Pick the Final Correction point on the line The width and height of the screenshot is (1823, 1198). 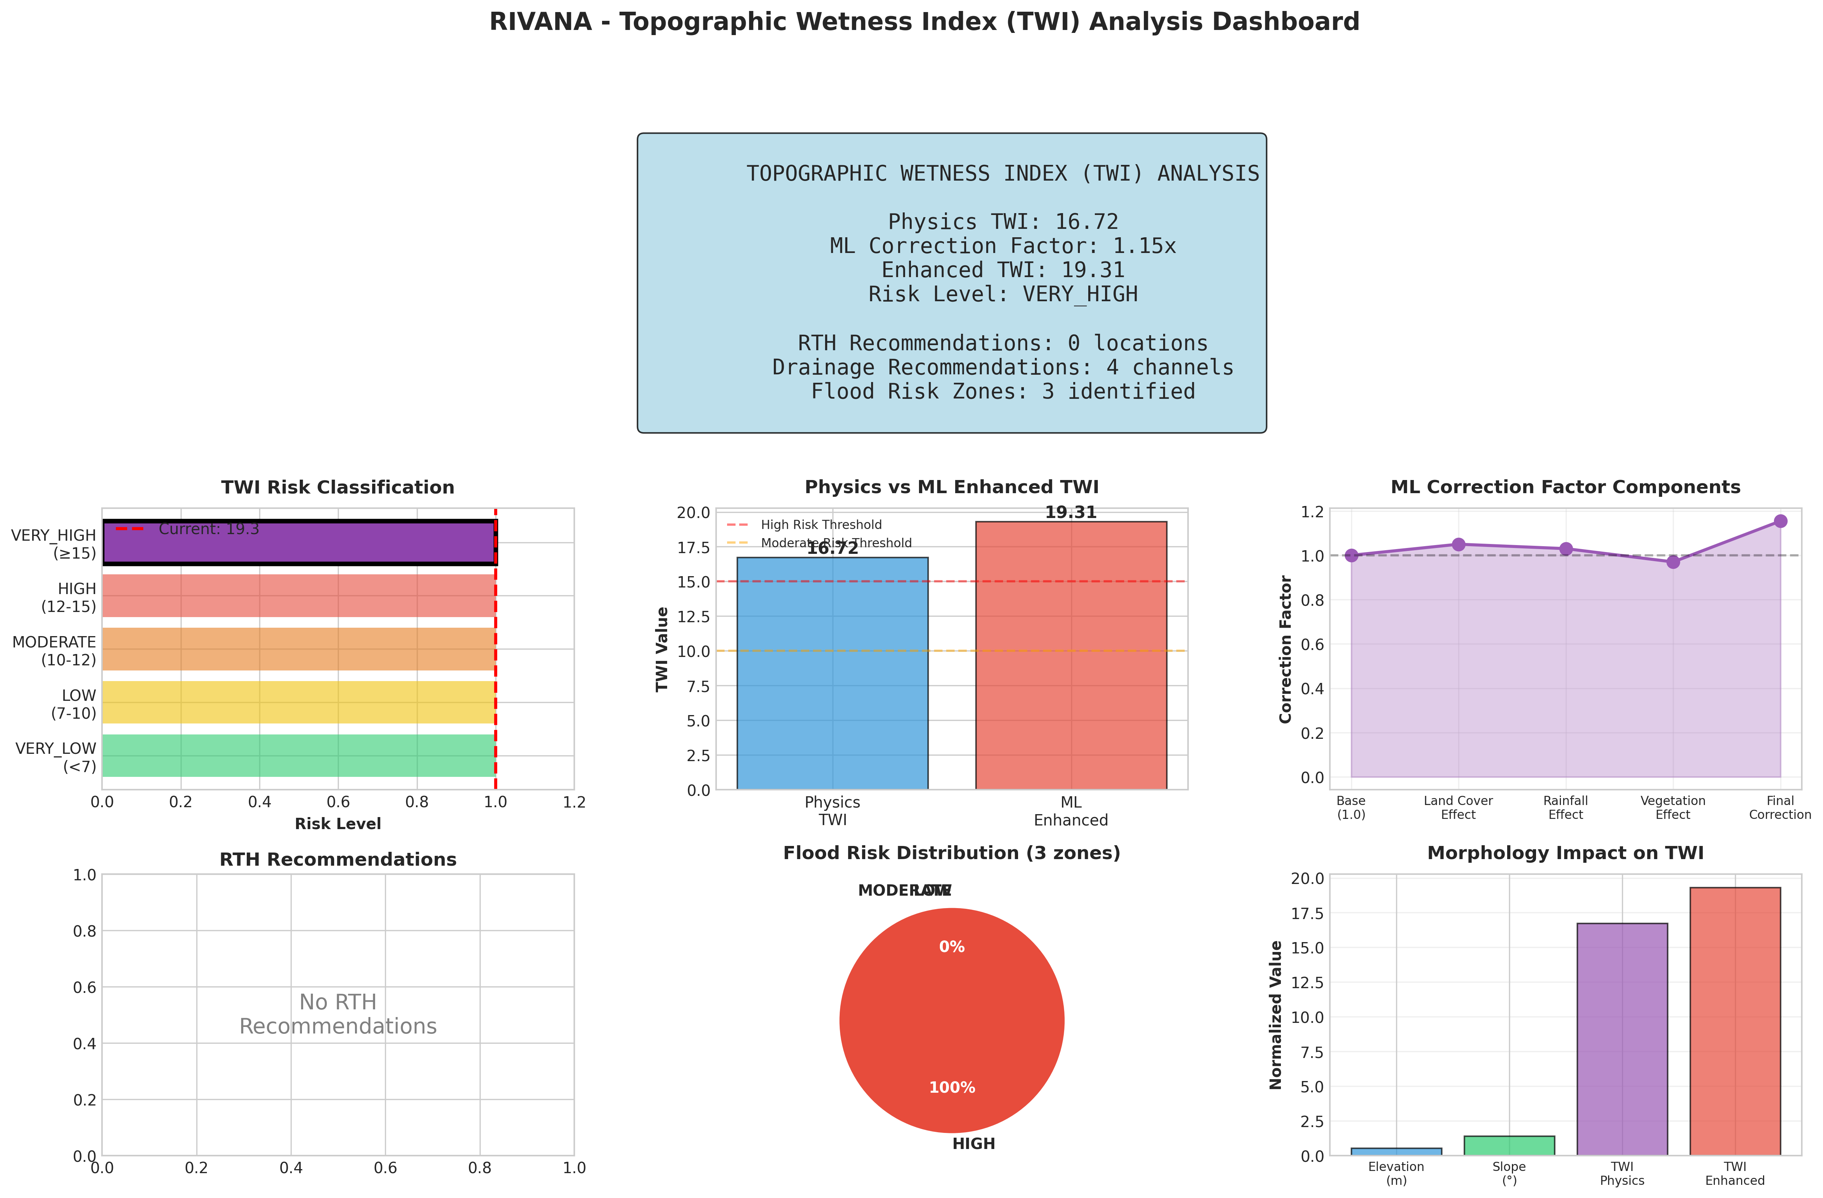(1780, 521)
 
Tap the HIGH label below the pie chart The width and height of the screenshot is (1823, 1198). (973, 1144)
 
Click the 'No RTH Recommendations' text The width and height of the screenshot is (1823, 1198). (338, 1014)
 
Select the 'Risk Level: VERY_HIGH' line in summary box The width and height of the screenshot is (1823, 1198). (1003, 294)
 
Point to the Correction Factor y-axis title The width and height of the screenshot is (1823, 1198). (1285, 650)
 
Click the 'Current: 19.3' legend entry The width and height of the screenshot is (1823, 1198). (208, 529)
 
